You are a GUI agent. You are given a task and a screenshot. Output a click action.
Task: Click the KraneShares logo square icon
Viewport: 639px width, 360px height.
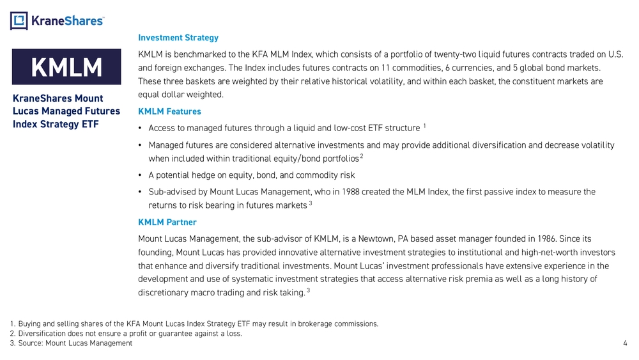coord(19,21)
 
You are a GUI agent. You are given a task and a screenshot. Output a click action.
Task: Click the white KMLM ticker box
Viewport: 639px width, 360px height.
coord(67,68)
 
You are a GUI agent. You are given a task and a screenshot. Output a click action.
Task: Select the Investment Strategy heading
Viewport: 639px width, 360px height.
coord(178,38)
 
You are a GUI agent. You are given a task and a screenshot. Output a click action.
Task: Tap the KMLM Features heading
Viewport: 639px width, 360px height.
coord(169,112)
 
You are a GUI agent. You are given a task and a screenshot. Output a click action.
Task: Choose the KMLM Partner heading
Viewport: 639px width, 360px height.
coord(167,223)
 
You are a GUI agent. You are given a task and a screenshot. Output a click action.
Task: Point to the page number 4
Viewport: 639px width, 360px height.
coord(624,343)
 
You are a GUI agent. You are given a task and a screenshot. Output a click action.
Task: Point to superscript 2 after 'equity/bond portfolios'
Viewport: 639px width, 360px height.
coord(362,156)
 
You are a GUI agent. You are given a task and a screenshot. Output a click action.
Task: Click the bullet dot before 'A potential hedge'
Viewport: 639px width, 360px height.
coord(140,175)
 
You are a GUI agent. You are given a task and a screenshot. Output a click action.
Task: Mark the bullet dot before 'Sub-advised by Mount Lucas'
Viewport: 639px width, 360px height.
coord(140,192)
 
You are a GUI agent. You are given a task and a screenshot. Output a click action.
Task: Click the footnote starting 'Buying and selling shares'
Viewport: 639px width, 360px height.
coord(194,324)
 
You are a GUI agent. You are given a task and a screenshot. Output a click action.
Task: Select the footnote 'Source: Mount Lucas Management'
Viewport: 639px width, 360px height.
coord(71,343)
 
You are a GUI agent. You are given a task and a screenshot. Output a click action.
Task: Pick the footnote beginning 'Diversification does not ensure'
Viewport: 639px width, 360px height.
coord(126,333)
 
